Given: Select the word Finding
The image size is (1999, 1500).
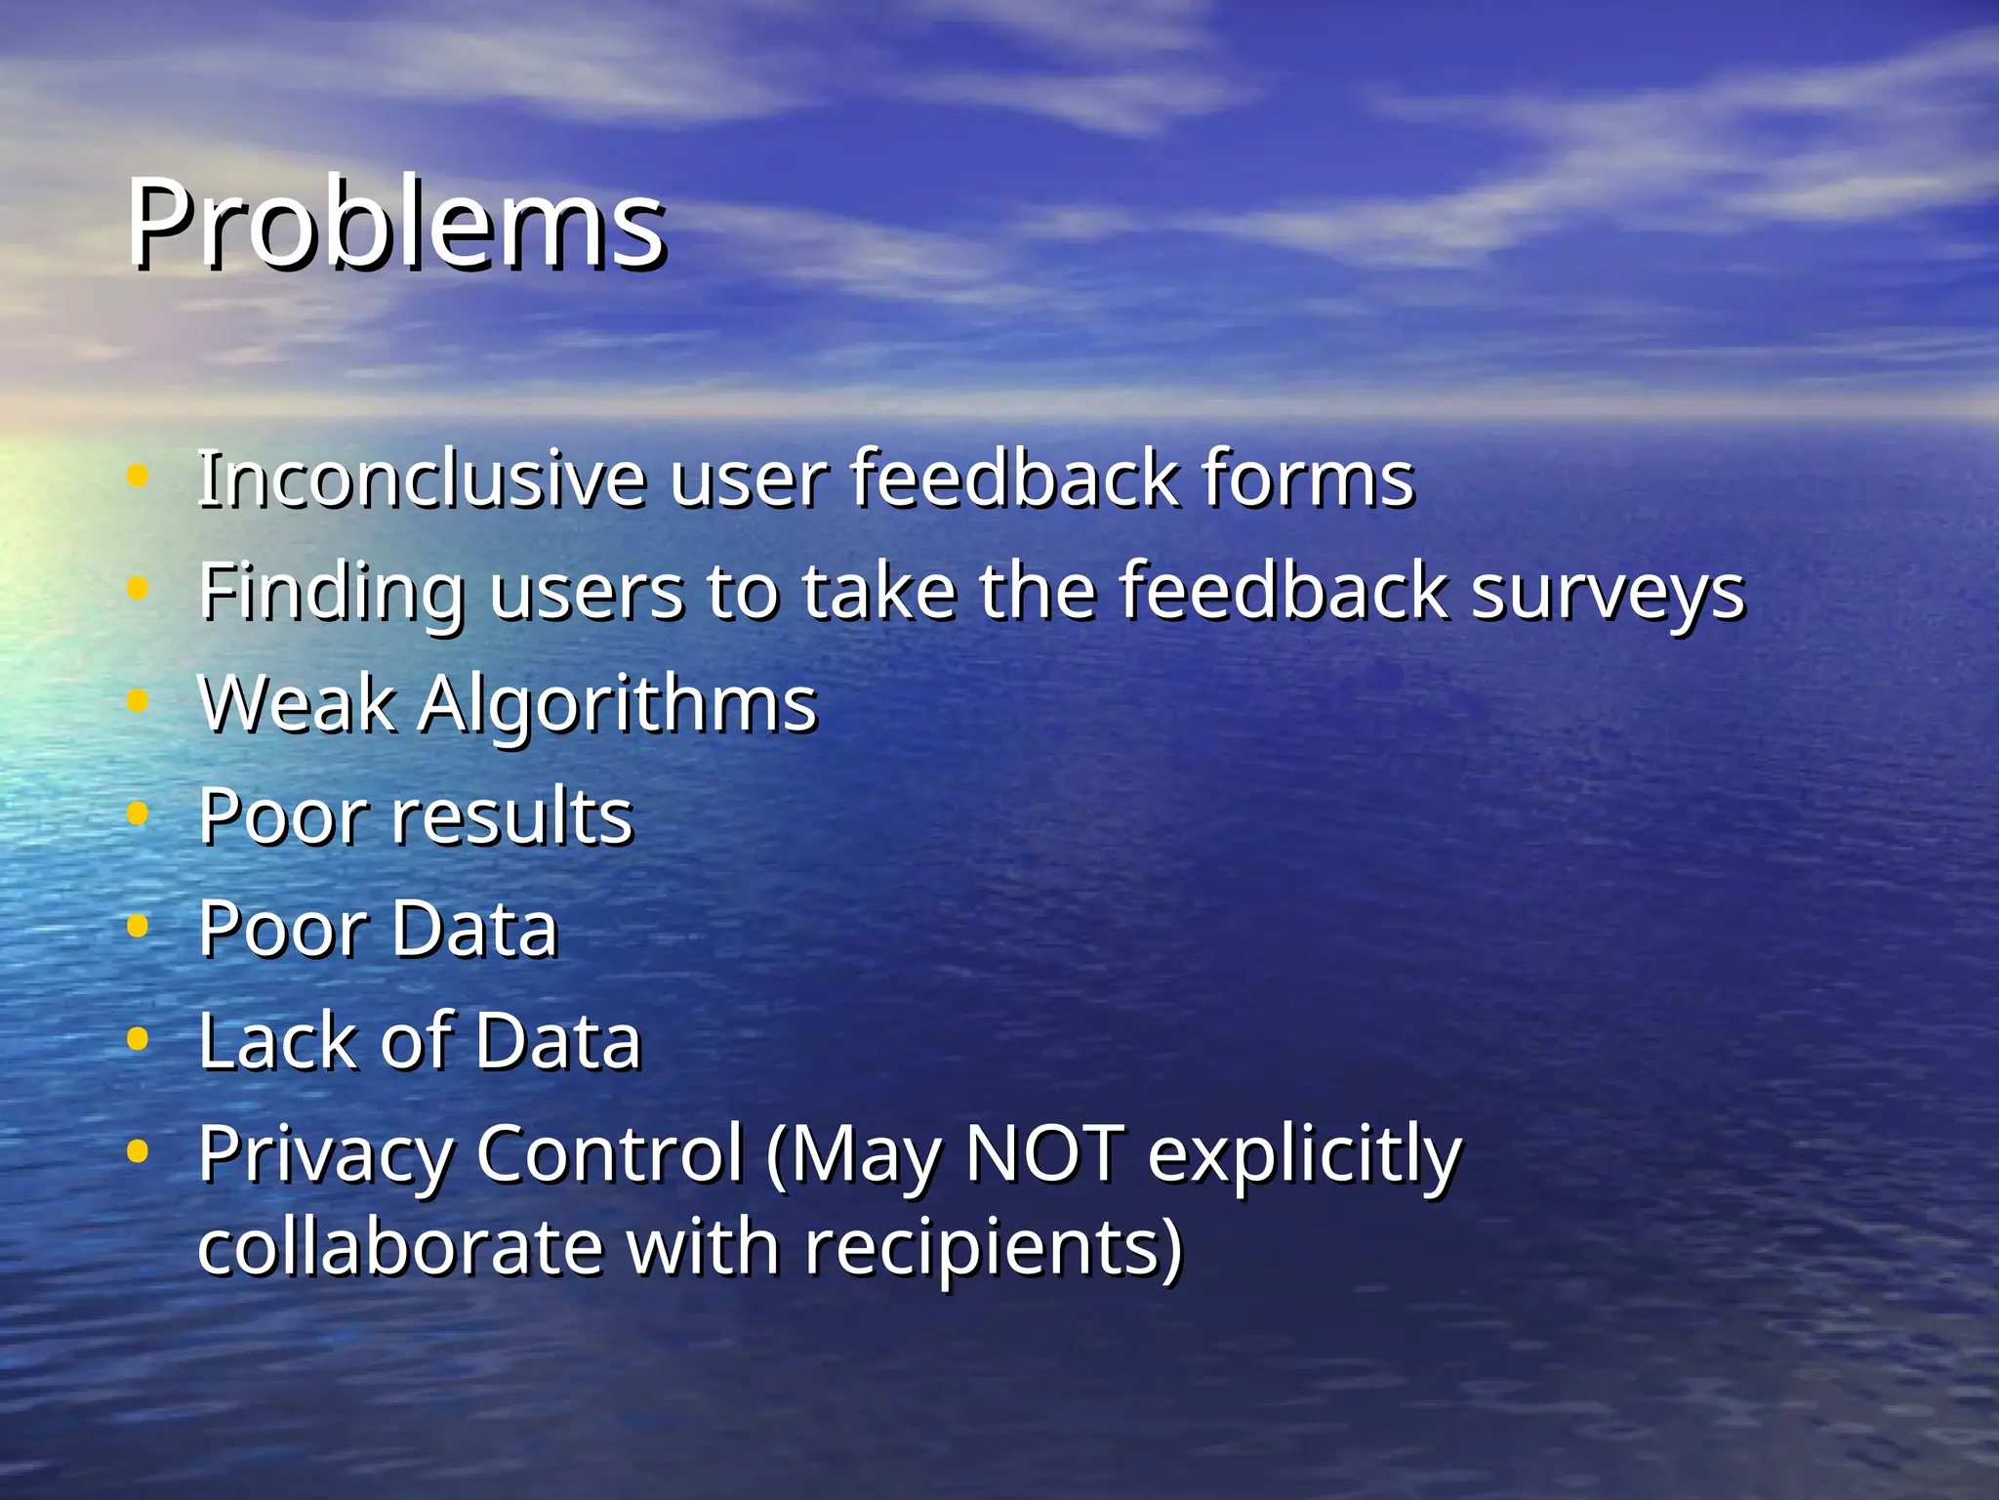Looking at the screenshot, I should (332, 592).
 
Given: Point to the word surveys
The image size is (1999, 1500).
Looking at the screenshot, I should (1607, 592).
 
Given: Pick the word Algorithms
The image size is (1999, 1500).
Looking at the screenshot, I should (617, 705).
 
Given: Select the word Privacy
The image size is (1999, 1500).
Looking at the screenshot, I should (325, 1154).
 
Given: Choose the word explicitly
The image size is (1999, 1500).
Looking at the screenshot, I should (1304, 1154).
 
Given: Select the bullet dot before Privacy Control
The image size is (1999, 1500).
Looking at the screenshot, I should (138, 1150).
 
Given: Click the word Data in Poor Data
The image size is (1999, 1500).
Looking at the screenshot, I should (475, 928).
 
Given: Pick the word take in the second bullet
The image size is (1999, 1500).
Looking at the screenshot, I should (878, 592).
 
